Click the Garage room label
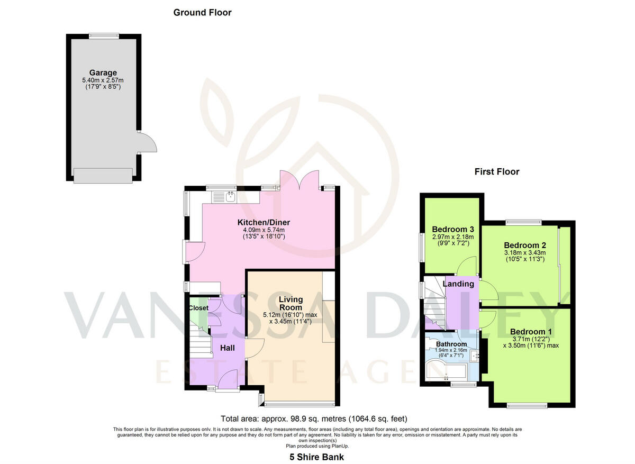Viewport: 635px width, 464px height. point(103,72)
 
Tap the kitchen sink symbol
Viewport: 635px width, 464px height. point(231,197)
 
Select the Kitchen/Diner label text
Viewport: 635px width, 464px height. point(264,222)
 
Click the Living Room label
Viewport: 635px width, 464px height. point(291,303)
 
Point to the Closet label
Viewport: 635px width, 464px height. point(198,307)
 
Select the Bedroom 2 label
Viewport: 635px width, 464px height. point(525,245)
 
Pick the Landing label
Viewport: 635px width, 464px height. point(458,284)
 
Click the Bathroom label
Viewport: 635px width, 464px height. point(451,344)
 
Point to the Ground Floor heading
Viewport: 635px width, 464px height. point(202,12)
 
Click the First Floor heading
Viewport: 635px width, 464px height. point(496,171)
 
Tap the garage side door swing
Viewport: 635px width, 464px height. point(145,142)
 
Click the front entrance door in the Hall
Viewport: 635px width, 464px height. point(229,380)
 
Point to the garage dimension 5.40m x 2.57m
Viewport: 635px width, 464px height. point(103,80)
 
